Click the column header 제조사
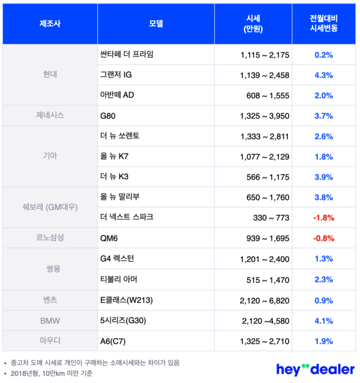coord(50,23)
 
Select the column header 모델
coord(156,23)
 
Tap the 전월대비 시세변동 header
coord(323,23)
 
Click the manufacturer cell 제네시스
coord(50,114)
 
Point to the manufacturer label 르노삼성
coord(50,237)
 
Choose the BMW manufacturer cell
coord(50,320)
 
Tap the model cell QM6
coord(110,237)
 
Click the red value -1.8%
coord(323,216)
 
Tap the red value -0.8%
coord(323,237)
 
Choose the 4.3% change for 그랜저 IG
coord(323,74)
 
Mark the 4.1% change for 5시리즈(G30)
coord(323,320)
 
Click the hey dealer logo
coord(314,368)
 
